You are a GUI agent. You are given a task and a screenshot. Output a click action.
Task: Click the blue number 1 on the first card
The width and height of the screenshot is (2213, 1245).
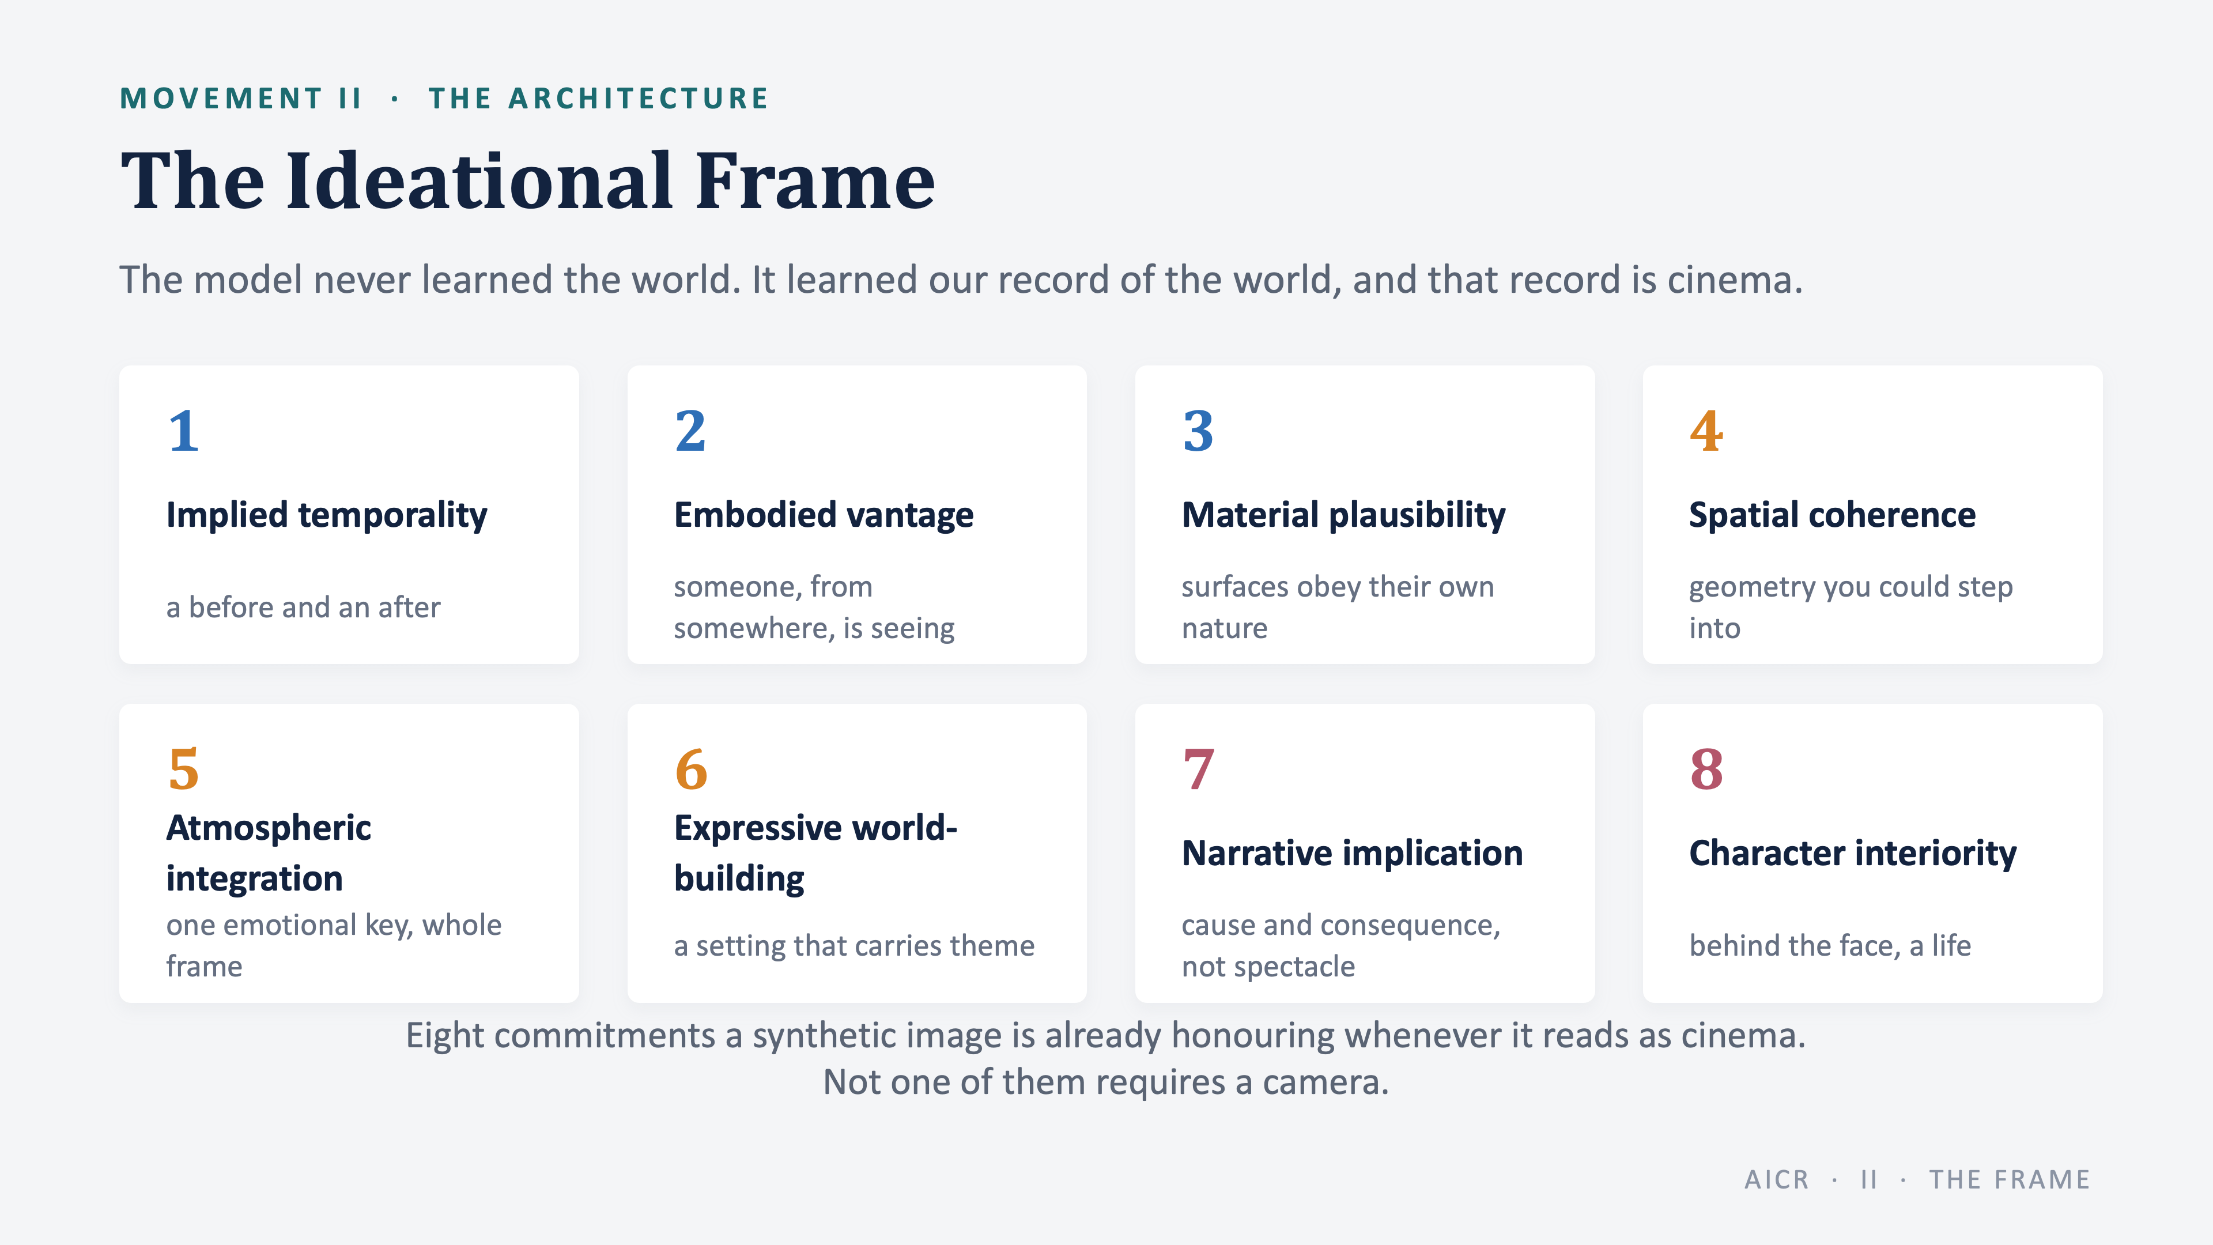pyautogui.click(x=184, y=431)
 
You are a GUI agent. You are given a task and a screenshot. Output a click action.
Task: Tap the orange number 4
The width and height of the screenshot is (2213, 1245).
pyautogui.click(x=1706, y=431)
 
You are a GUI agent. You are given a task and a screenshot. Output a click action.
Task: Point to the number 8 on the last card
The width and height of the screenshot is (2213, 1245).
pyautogui.click(x=1706, y=769)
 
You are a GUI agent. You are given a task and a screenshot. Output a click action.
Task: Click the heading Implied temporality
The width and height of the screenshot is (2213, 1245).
pyautogui.click(x=326, y=515)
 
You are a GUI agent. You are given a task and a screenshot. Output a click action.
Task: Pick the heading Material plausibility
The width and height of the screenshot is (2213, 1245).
pyautogui.click(x=1343, y=515)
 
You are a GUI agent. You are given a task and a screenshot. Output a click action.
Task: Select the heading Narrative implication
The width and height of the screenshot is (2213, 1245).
pyautogui.click(x=1352, y=853)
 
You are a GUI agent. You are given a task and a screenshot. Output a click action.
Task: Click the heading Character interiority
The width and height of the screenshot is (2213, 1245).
pyautogui.click(x=1853, y=853)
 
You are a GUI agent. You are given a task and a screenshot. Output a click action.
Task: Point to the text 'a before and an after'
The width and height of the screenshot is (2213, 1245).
pyautogui.click(x=303, y=608)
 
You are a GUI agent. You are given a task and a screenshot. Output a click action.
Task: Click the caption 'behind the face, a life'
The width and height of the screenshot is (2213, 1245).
pyautogui.click(x=1830, y=945)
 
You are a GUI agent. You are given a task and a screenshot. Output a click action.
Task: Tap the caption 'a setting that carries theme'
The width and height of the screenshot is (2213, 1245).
pyautogui.click(x=854, y=946)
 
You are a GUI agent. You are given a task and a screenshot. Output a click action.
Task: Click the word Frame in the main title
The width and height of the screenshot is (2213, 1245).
pyautogui.click(x=814, y=182)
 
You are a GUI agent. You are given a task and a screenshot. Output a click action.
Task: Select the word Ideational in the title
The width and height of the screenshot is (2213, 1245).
pyautogui.click(x=479, y=182)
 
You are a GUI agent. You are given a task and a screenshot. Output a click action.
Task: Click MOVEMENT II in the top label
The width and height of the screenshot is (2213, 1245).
pyautogui.click(x=240, y=98)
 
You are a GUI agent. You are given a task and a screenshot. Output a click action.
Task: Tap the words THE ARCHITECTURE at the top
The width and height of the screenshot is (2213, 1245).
pyautogui.click(x=599, y=98)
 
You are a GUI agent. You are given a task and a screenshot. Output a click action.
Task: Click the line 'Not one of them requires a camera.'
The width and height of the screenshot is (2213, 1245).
pyautogui.click(x=1106, y=1082)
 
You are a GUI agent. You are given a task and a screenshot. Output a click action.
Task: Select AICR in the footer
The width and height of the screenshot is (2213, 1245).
pyautogui.click(x=1777, y=1180)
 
